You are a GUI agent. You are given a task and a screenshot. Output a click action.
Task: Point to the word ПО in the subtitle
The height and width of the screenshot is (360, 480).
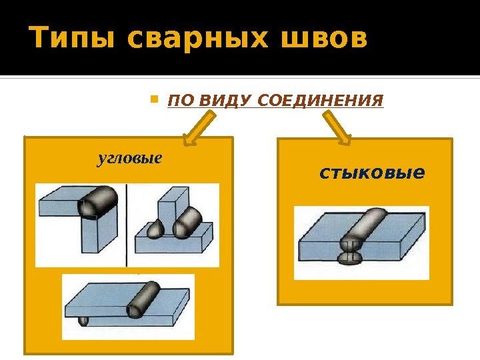coord(177,101)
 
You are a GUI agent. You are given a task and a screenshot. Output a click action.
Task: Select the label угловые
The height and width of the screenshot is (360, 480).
coord(130,159)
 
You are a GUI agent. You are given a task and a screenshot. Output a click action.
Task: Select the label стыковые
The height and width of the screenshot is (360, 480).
coord(372,173)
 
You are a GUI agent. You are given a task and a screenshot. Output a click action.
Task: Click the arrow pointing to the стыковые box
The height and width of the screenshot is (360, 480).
coord(338,129)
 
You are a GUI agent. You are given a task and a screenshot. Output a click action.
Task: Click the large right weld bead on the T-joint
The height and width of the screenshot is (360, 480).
coord(189,223)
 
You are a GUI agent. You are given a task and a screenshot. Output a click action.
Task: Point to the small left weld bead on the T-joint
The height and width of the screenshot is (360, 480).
coord(155,229)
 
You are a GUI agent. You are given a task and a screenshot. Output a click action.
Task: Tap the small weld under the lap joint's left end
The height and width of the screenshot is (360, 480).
coord(83,321)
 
